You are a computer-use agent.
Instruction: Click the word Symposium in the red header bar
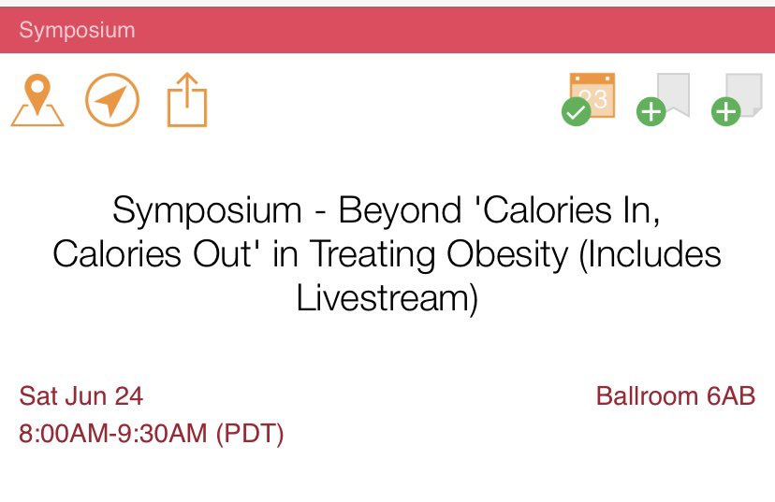click(x=77, y=30)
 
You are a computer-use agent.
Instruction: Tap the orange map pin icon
click(x=37, y=100)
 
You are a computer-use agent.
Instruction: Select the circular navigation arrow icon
click(x=112, y=100)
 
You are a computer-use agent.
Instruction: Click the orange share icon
click(x=187, y=100)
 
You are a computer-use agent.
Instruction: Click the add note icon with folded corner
click(x=739, y=98)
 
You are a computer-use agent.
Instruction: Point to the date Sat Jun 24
click(x=81, y=396)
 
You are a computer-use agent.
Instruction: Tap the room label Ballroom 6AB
click(x=675, y=396)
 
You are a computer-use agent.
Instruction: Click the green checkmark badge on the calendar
click(x=576, y=114)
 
